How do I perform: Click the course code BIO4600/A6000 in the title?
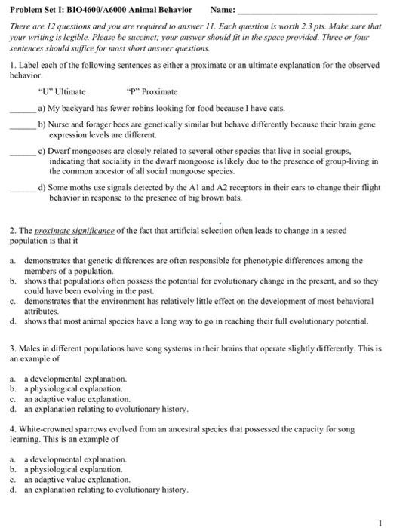pos(102,10)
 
